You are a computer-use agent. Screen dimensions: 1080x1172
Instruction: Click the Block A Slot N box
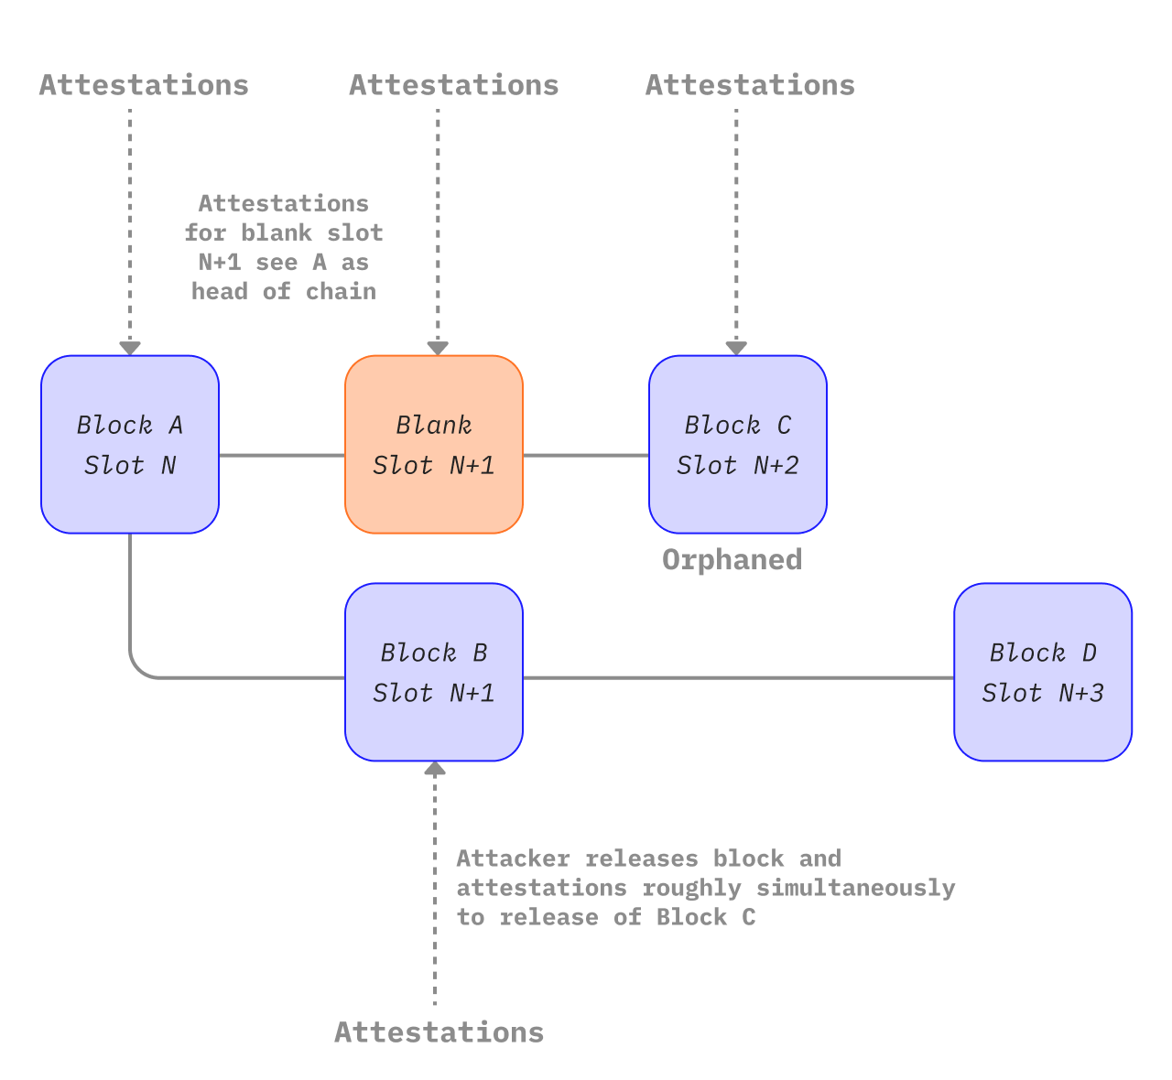[x=130, y=445]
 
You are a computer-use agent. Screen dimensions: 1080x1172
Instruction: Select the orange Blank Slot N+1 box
[x=434, y=445]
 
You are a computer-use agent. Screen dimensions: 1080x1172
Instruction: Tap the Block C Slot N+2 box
[x=738, y=445]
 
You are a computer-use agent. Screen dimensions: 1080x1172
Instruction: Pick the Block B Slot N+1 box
[x=434, y=673]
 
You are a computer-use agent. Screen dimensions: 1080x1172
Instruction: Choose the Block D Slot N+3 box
[x=1043, y=673]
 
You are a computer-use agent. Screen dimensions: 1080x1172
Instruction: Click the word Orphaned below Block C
[x=732, y=560]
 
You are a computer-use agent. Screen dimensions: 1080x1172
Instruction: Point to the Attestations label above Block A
[x=144, y=85]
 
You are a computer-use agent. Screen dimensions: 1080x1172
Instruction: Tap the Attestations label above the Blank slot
[x=453, y=85]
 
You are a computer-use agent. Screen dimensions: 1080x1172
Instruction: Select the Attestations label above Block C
[x=750, y=85]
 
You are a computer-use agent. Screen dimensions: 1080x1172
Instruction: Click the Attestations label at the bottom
[x=439, y=1032]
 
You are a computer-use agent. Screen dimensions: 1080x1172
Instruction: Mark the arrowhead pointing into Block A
[x=130, y=348]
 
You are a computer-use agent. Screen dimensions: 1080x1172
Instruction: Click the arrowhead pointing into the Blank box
[x=438, y=348]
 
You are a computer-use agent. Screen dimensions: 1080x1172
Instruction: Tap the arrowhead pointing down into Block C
[x=736, y=348]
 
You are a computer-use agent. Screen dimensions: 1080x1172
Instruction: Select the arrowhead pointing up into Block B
[x=435, y=770]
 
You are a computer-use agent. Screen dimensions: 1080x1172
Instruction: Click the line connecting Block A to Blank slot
[x=282, y=455]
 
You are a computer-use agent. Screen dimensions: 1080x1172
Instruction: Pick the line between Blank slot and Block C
[x=586, y=455]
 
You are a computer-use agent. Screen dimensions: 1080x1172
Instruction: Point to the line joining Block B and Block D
[x=738, y=678]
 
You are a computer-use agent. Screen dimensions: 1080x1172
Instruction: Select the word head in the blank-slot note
[x=220, y=291]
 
